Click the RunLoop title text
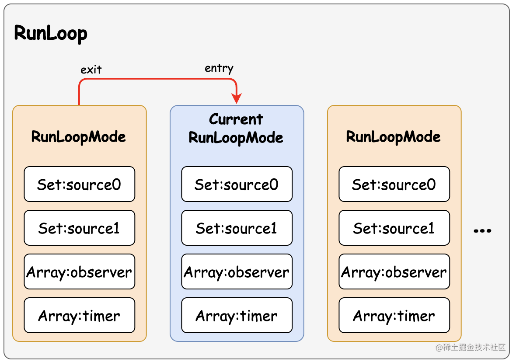pyautogui.click(x=51, y=33)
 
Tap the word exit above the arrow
pyautogui.click(x=91, y=70)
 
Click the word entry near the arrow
pyautogui.click(x=219, y=68)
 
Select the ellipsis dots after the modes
pyautogui.click(x=482, y=230)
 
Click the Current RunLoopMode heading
pyautogui.click(x=236, y=129)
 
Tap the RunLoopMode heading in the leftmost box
pyautogui.click(x=79, y=136)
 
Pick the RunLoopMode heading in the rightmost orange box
pyautogui.click(x=394, y=136)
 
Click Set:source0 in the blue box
pyautogui.click(x=237, y=184)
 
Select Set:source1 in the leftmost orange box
pyautogui.click(x=79, y=228)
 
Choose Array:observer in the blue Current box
pyautogui.click(x=237, y=272)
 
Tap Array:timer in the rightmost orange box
pyautogui.click(x=394, y=315)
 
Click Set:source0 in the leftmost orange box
pyautogui.click(x=79, y=184)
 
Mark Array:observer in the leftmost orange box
pyautogui.click(x=79, y=272)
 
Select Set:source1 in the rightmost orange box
pyautogui.click(x=394, y=228)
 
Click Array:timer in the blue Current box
pyautogui.click(x=237, y=315)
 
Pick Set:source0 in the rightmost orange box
pyautogui.click(x=394, y=184)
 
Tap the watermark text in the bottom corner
pyautogui.click(x=471, y=347)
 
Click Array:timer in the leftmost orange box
pyautogui.click(x=79, y=315)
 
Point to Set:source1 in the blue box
pyautogui.click(x=237, y=228)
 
